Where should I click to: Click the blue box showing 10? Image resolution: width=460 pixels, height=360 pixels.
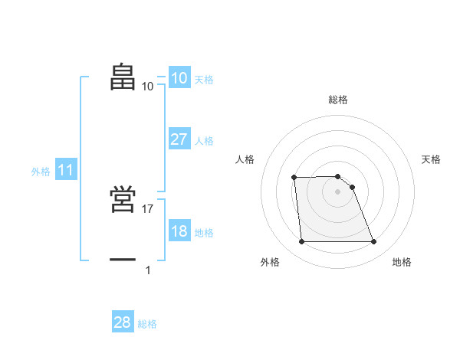(179, 78)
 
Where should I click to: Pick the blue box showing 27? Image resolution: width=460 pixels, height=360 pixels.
(179, 139)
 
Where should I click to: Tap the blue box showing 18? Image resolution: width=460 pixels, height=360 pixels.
(179, 231)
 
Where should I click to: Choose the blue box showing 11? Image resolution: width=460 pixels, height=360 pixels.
(65, 171)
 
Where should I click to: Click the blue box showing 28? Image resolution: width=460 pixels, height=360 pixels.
(123, 322)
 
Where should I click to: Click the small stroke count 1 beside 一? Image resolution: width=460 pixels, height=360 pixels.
(148, 270)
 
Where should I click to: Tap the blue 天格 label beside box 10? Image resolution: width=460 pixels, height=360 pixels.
(204, 80)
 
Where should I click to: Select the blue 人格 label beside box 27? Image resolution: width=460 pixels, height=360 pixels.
(204, 141)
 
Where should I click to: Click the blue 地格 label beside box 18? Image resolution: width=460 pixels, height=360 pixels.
(204, 233)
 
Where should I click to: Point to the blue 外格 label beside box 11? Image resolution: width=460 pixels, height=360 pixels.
(41, 172)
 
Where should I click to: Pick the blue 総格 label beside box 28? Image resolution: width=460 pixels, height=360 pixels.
(147, 324)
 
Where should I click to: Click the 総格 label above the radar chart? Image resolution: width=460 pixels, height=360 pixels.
(338, 100)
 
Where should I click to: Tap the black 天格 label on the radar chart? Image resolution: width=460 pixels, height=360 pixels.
(432, 159)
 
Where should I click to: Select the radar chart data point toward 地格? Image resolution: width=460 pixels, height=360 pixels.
(373, 242)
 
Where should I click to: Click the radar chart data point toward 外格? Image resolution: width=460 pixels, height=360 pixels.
(301, 242)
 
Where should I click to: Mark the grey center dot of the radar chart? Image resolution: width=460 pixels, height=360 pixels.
(337, 191)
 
